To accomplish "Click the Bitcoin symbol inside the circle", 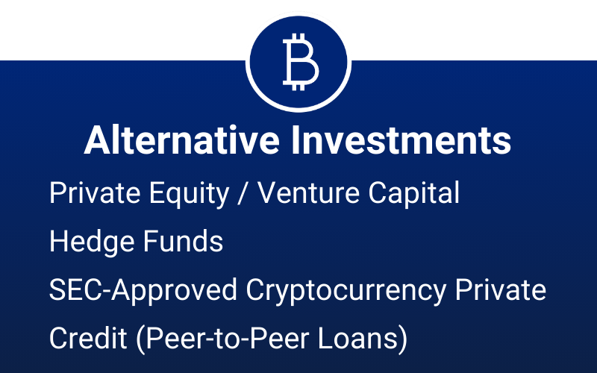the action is click(301, 62).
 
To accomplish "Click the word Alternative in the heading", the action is click(181, 140).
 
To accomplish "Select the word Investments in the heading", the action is click(401, 140).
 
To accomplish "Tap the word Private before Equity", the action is click(95, 193).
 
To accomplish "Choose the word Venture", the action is click(308, 193).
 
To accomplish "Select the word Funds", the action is click(183, 241).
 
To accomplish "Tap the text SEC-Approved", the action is click(143, 291).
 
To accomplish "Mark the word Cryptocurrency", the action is click(346, 291).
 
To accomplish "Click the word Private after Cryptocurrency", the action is click(500, 289).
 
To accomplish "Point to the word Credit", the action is click(88, 338).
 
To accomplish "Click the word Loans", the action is click(358, 338).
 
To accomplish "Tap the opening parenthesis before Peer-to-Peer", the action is click(140, 339).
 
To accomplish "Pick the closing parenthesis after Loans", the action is click(403, 339).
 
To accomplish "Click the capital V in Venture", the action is click(269, 193).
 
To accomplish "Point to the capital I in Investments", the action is click(296, 140).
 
